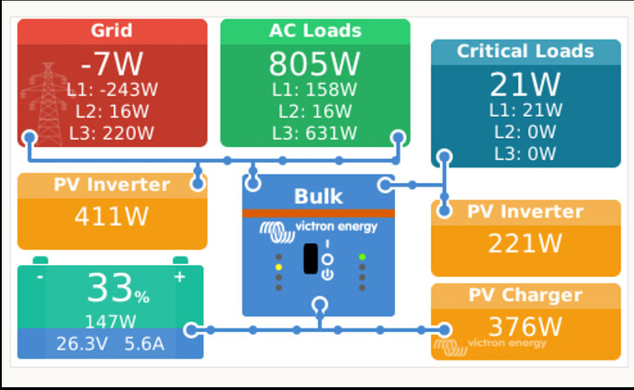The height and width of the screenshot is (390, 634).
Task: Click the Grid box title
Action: (111, 31)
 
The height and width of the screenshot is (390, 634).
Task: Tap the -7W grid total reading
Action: (111, 66)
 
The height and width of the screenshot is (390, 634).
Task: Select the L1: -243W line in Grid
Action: (111, 91)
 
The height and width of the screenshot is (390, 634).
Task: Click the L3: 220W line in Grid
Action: (111, 133)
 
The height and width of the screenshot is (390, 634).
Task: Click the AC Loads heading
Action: (315, 30)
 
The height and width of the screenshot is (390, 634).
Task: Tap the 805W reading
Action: (315, 64)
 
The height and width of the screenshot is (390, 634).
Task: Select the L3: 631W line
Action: (315, 133)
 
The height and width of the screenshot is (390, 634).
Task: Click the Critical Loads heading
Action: (526, 51)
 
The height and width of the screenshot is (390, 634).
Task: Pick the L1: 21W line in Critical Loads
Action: (526, 110)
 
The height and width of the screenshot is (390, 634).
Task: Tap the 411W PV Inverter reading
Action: (111, 217)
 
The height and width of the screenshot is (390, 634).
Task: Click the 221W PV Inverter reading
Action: (525, 244)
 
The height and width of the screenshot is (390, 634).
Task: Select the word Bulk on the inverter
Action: (318, 197)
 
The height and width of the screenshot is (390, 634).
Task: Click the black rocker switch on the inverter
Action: (311, 258)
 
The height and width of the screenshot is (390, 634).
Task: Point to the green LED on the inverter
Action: (363, 257)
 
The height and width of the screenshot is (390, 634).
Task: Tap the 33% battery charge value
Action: (118, 291)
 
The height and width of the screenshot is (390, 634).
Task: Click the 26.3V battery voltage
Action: (82, 344)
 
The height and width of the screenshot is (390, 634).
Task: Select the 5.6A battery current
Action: (143, 344)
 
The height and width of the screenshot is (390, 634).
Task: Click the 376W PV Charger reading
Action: (525, 327)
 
